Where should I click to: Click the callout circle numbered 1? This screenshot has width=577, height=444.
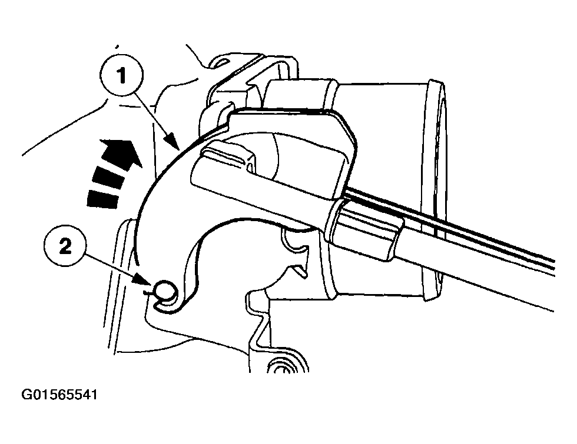pyautogui.click(x=121, y=75)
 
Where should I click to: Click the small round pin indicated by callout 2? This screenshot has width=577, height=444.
pyautogui.click(x=164, y=289)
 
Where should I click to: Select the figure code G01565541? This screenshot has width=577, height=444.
pyautogui.click(x=59, y=395)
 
